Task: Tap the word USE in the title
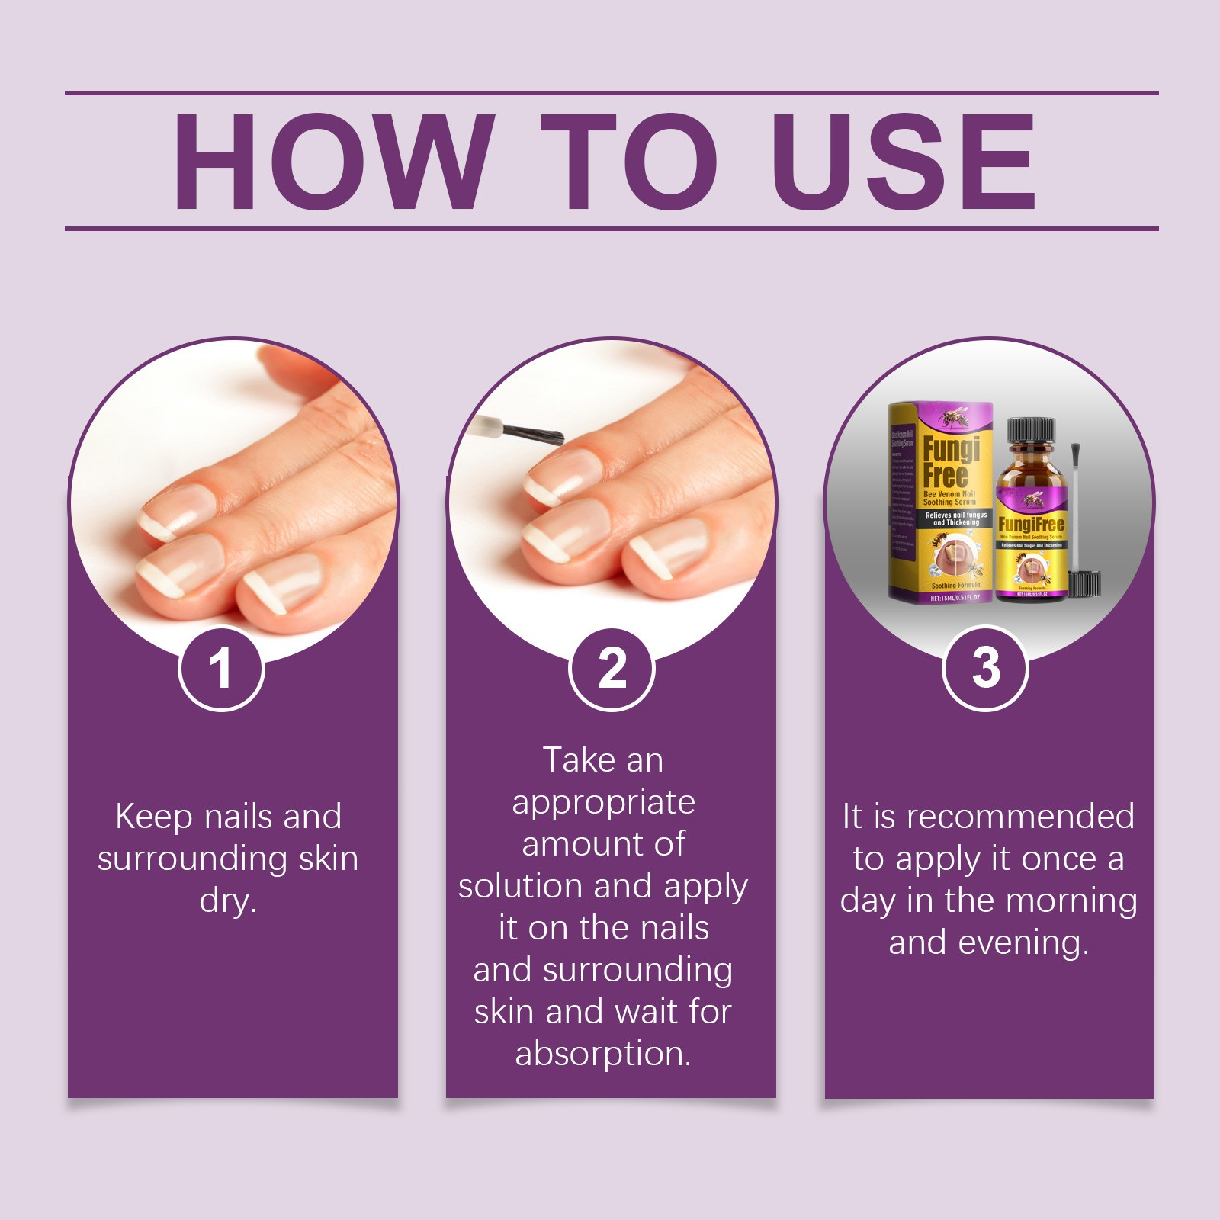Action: coord(903,161)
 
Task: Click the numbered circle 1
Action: coord(221,668)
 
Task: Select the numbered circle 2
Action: coord(612,669)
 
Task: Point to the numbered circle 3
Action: coord(985,668)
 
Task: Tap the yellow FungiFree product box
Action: coord(940,503)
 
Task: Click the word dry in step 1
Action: coord(227,901)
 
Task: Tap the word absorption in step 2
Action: coord(602,1054)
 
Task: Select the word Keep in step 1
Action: coord(154,817)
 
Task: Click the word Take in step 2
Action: coord(572,760)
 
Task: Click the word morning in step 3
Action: coord(1071,901)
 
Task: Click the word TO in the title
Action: coord(630,161)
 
